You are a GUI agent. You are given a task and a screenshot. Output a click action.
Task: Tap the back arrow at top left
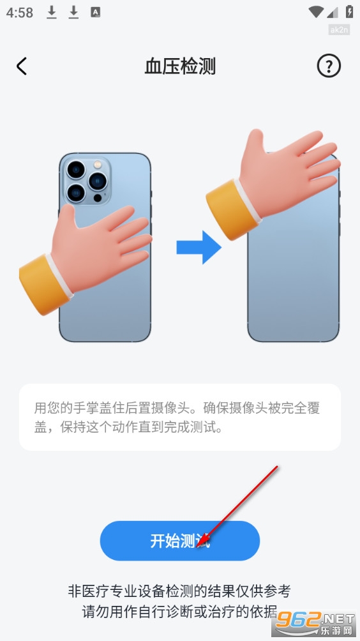pyautogui.click(x=22, y=66)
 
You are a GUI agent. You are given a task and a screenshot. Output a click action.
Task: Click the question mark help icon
pyautogui.click(x=329, y=66)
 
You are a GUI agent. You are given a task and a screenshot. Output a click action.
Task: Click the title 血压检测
pyautogui.click(x=180, y=66)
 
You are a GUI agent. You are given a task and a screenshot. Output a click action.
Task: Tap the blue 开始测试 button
pyautogui.click(x=180, y=540)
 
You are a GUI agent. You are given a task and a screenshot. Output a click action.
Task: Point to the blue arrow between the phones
pyautogui.click(x=199, y=247)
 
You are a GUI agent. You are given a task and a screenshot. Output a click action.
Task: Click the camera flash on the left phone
pyautogui.click(x=97, y=165)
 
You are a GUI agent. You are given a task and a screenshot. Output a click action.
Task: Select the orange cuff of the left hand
pyautogui.click(x=44, y=283)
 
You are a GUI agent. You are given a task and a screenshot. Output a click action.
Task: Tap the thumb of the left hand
pyautogui.click(x=68, y=221)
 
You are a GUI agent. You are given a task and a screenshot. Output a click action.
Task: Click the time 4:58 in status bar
pyautogui.click(x=19, y=12)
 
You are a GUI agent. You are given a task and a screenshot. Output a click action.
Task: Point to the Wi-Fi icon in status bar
pyautogui.click(x=316, y=12)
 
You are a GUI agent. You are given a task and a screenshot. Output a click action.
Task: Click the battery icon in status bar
pyautogui.click(x=349, y=11)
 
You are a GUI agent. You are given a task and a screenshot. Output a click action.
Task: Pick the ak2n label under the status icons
pyautogui.click(x=339, y=29)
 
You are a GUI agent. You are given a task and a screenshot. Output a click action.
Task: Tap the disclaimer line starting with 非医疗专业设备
pyautogui.click(x=179, y=591)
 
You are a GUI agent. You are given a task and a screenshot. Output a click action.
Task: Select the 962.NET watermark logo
pyautogui.click(x=314, y=622)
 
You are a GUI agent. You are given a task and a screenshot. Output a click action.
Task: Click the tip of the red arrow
pyautogui.click(x=197, y=547)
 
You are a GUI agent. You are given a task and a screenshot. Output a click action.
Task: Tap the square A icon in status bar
pyautogui.click(x=96, y=12)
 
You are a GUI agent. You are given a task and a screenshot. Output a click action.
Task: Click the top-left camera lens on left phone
pyautogui.click(x=76, y=169)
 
